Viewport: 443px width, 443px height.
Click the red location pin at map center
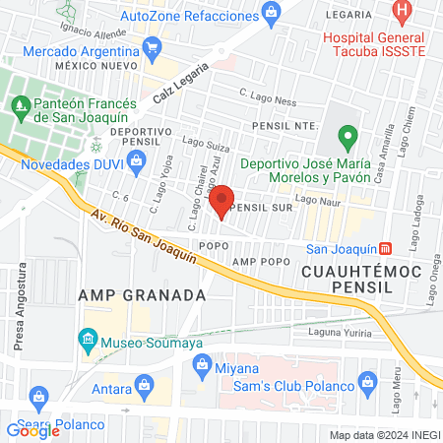pyautogui.click(x=221, y=200)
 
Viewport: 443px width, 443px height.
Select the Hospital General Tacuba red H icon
pyautogui.click(x=402, y=14)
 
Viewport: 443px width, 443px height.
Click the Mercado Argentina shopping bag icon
pyautogui.click(x=152, y=46)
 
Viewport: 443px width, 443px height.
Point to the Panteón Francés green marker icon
pyautogui.click(x=20, y=102)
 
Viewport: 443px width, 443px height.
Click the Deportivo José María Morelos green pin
pyautogui.click(x=347, y=136)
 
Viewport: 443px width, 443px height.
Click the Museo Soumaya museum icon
pyautogui.click(x=87, y=342)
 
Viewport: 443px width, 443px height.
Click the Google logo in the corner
pyautogui.click(x=33, y=429)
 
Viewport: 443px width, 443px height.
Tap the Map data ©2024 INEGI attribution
pyautogui.click(x=384, y=435)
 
